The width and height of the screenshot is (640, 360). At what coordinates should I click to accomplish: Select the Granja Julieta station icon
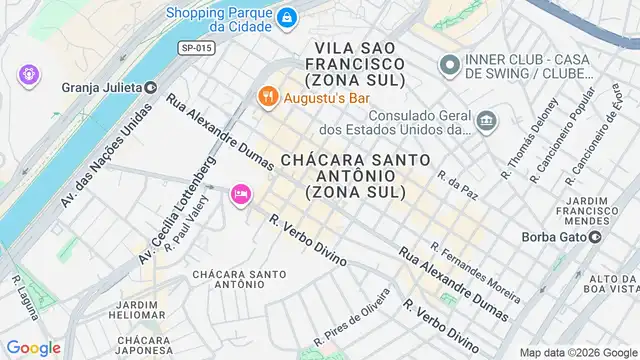(x=150, y=87)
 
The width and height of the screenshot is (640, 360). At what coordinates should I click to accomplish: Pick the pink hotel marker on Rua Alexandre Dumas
(x=240, y=194)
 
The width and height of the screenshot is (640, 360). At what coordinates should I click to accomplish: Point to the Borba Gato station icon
(x=593, y=237)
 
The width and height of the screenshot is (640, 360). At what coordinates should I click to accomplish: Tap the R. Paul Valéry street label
(x=192, y=228)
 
